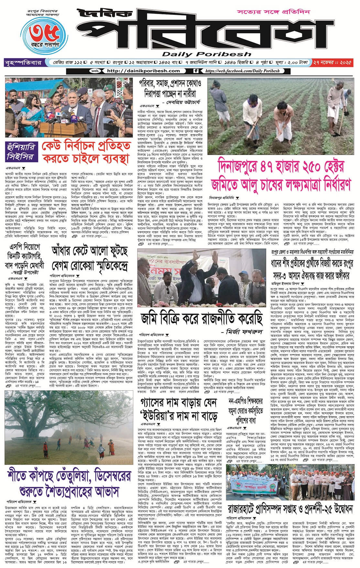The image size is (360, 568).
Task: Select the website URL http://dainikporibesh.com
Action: [143, 71]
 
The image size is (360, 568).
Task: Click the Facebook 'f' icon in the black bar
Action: [196, 71]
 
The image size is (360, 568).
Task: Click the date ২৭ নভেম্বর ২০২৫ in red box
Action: [332, 62]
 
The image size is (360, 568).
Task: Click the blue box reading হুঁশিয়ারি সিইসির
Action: [21, 152]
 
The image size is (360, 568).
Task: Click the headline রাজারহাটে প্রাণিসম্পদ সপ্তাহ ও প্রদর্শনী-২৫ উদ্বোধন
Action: [290, 509]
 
